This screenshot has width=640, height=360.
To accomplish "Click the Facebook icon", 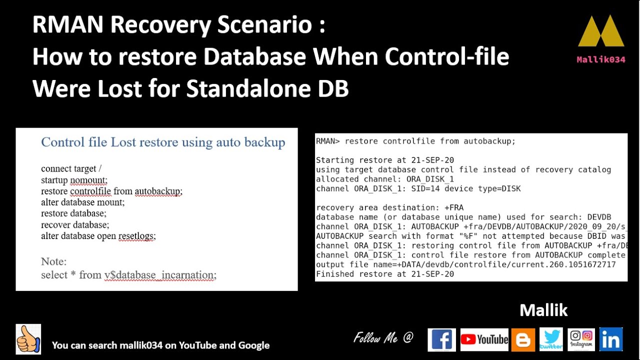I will (x=441, y=340).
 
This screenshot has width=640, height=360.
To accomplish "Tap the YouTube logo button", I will (x=484, y=340).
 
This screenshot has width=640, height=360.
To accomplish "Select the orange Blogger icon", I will (x=523, y=340).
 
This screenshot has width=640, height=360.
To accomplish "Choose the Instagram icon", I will (x=581, y=339).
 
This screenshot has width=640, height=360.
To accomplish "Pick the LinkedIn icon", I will (x=610, y=339).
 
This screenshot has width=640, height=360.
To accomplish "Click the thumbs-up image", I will (x=28, y=339).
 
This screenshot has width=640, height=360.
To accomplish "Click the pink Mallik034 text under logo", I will (x=601, y=59).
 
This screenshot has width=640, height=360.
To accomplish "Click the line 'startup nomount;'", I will (x=74, y=180).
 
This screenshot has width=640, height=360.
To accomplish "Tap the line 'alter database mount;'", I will (x=82, y=202).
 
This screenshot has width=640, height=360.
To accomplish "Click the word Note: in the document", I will (x=53, y=261).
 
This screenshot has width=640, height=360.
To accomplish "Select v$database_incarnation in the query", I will (x=160, y=275).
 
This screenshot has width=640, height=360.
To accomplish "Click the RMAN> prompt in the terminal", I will (x=328, y=141).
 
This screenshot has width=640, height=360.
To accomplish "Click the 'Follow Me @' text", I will (x=383, y=338).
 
